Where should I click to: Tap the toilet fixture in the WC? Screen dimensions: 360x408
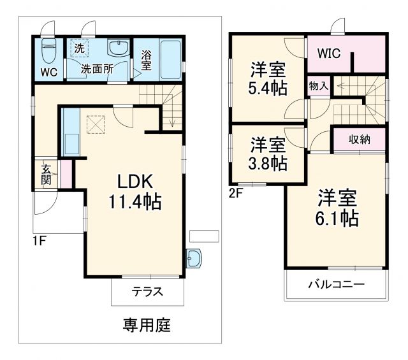coord(49,49)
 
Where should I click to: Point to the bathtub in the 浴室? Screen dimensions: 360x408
coord(168,59)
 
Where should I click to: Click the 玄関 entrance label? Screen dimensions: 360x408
coord(47,173)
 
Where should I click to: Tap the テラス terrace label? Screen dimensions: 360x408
coord(147,292)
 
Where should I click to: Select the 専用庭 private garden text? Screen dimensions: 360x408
coord(147,325)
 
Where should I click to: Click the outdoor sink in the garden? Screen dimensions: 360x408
coord(194,258)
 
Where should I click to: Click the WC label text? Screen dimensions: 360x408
coord(49,72)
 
